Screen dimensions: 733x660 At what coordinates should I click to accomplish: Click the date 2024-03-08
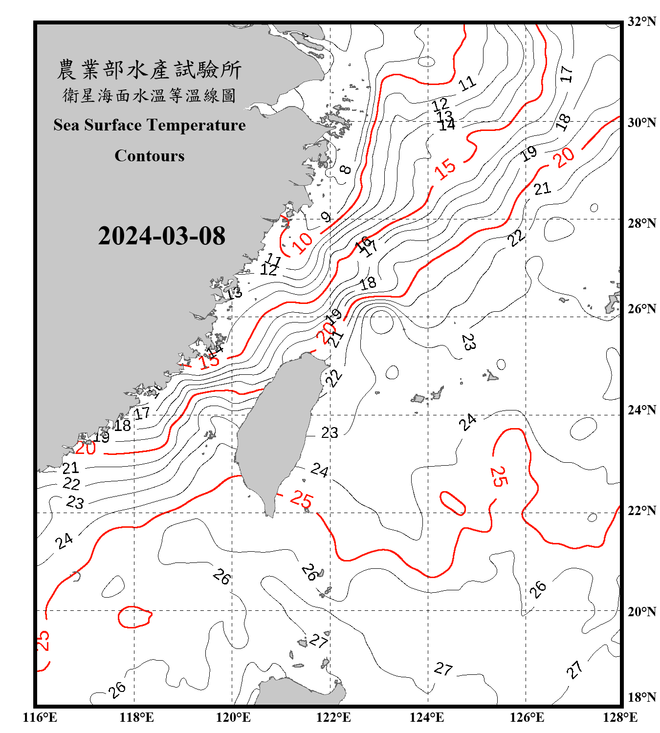point(161,236)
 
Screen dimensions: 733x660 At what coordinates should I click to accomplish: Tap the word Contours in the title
point(150,156)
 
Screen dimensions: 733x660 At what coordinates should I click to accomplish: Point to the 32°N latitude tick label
point(641,22)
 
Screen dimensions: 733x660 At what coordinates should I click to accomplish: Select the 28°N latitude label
point(641,223)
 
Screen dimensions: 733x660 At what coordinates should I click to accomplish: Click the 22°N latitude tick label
point(641,511)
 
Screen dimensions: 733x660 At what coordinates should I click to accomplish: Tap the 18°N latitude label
point(641,697)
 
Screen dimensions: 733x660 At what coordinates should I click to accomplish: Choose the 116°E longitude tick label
point(40,717)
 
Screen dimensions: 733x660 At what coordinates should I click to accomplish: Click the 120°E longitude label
point(233,717)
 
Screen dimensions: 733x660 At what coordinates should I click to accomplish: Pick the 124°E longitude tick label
point(427,717)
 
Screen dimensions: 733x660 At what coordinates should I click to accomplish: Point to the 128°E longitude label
point(620,717)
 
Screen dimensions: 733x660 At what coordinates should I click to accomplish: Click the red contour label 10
point(303,242)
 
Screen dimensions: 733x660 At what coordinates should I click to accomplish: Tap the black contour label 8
point(346,170)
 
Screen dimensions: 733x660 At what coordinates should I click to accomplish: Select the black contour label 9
point(326,217)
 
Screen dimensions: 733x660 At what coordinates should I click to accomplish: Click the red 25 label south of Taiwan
point(301,499)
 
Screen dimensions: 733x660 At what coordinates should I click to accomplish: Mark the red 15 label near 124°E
point(445,169)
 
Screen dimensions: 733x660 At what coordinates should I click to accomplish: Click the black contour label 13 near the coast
point(234,293)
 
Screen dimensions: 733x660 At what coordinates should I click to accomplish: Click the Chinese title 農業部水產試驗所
point(149,70)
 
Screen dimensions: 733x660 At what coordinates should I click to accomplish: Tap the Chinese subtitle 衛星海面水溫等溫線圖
point(149,95)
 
